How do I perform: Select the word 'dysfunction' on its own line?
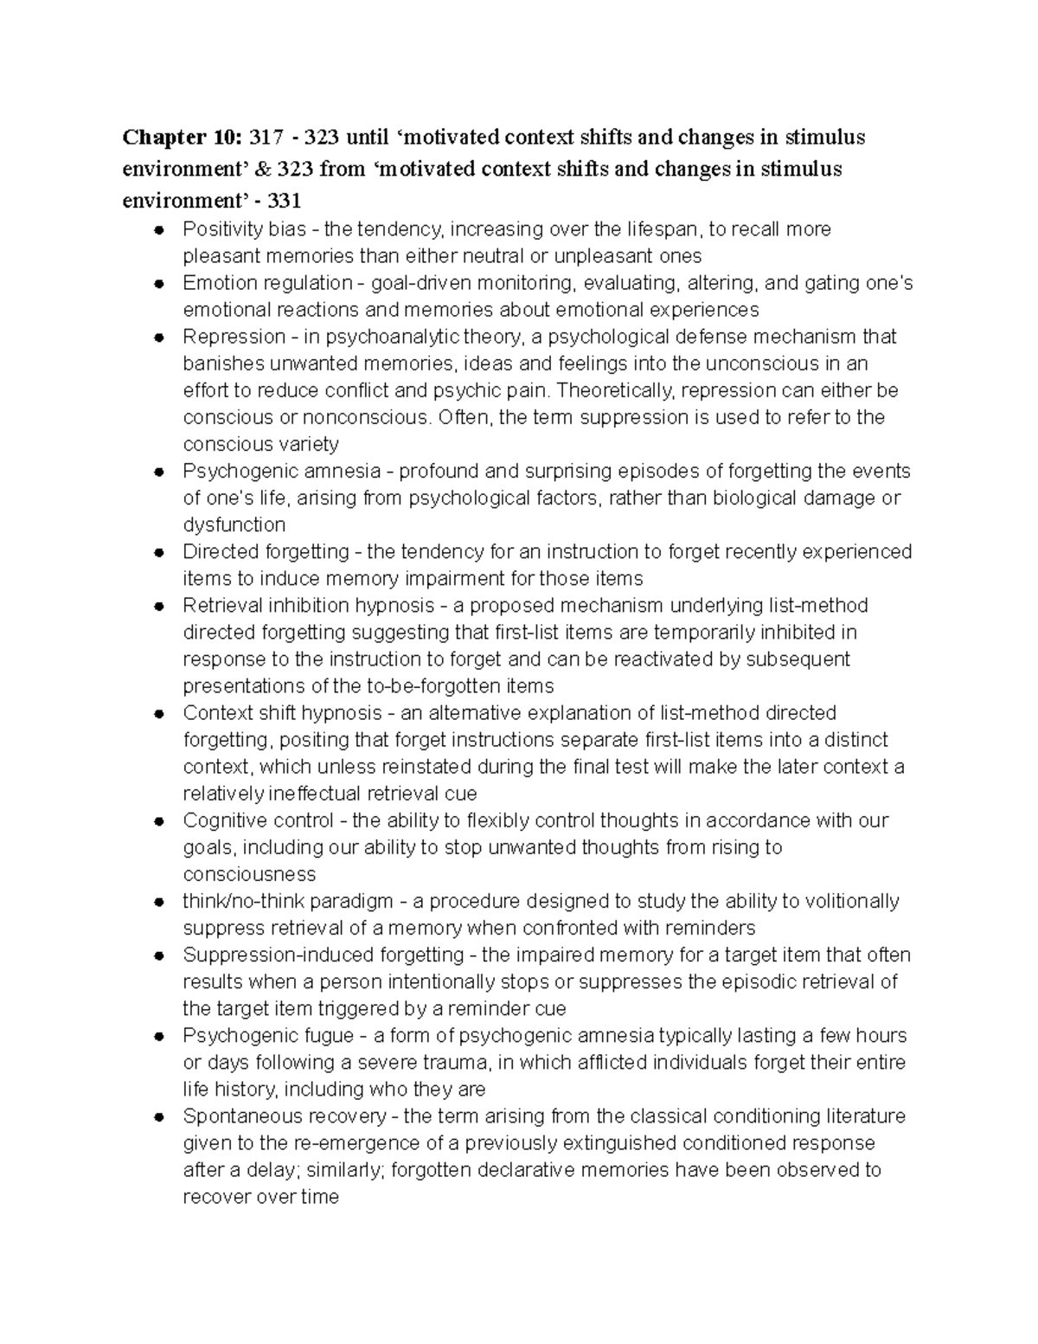point(234,525)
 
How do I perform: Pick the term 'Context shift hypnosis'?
point(282,713)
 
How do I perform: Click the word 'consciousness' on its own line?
point(249,874)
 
